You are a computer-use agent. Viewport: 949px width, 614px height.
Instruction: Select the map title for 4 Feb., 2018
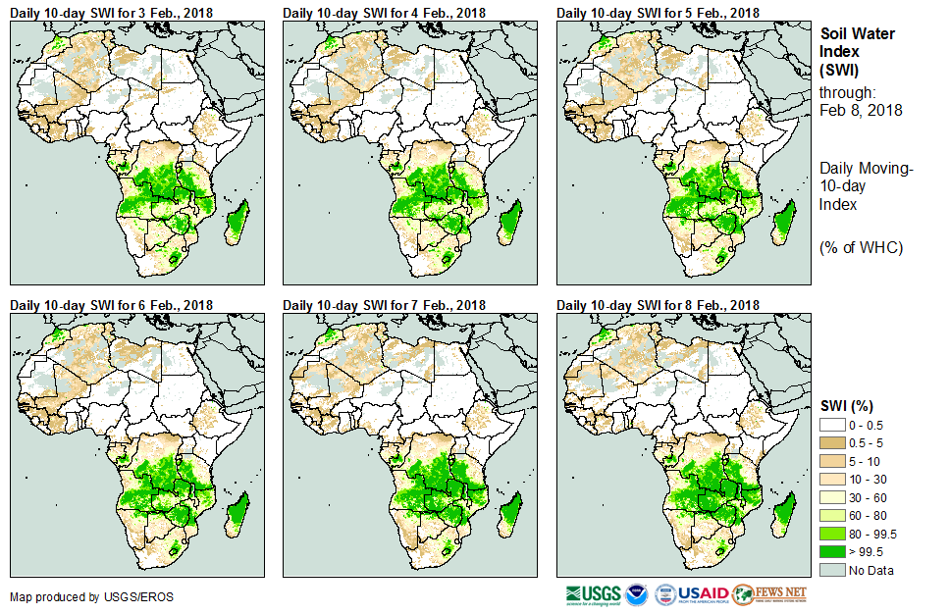point(385,13)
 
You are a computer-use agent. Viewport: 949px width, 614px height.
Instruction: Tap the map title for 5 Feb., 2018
point(659,13)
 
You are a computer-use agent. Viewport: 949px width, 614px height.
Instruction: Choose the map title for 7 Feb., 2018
point(385,306)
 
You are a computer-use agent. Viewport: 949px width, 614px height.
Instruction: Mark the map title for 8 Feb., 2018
point(659,306)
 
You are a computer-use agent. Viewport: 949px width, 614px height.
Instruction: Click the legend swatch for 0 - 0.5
point(836,424)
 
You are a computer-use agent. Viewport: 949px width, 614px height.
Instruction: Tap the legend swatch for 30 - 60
point(836,496)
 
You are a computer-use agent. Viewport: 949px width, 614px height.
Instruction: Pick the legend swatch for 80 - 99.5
point(836,533)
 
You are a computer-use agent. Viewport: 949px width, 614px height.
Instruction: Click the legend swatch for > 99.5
point(836,551)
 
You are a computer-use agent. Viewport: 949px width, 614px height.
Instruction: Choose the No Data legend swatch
point(836,570)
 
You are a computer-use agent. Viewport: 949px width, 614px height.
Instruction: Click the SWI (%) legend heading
point(846,405)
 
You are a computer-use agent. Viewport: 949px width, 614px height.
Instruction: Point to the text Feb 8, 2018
point(861,110)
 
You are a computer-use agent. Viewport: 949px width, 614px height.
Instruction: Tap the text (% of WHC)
point(861,246)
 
